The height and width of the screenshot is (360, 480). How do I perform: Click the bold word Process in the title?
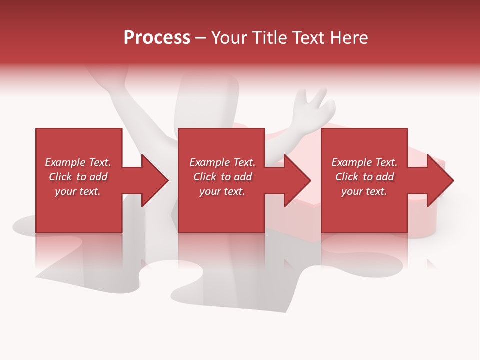pyautogui.click(x=157, y=38)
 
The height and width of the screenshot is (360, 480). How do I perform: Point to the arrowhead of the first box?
pyautogui.click(x=154, y=181)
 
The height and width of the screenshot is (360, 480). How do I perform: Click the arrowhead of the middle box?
pyautogui.click(x=296, y=181)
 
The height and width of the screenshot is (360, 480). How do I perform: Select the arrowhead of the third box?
pyautogui.click(x=439, y=181)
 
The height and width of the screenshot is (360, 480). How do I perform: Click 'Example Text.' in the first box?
pyautogui.click(x=78, y=162)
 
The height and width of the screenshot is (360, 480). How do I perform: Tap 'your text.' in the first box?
pyautogui.click(x=78, y=191)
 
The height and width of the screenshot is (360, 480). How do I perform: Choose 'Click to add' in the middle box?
pyautogui.click(x=222, y=177)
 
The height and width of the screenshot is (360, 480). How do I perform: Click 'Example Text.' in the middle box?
pyautogui.click(x=222, y=162)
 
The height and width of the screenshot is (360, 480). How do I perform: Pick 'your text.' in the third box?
pyautogui.click(x=364, y=191)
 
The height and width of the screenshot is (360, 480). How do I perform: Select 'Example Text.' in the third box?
pyautogui.click(x=364, y=162)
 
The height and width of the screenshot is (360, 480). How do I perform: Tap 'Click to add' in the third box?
pyautogui.click(x=364, y=177)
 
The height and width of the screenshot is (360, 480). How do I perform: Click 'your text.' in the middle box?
pyautogui.click(x=222, y=191)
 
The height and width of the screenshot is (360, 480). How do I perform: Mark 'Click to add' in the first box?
pyautogui.click(x=78, y=177)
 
